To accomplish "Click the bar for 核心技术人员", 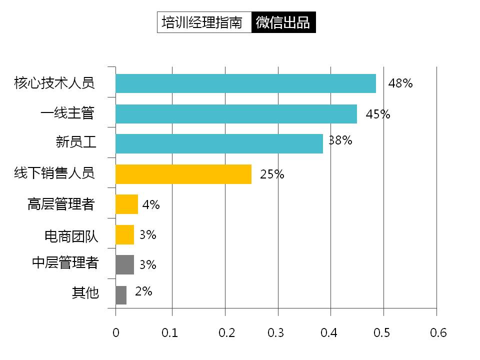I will (245, 83).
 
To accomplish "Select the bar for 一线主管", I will (236, 114).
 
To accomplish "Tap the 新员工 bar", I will (219, 144).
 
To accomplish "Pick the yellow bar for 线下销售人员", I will (183, 174).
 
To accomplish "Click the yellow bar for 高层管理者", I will (126, 204).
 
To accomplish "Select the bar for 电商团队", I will (124, 234).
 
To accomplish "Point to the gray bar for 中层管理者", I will (124, 264).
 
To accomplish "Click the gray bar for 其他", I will (121, 295).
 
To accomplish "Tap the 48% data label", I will (400, 83).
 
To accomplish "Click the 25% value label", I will (272, 174).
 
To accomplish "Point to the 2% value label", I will (143, 291).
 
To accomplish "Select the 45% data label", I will (377, 114).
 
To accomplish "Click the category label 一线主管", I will (67, 114).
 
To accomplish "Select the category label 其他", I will (85, 293).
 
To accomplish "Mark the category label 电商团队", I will (71, 236).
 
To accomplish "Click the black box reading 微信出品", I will (283, 22).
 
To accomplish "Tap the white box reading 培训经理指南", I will (204, 22).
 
